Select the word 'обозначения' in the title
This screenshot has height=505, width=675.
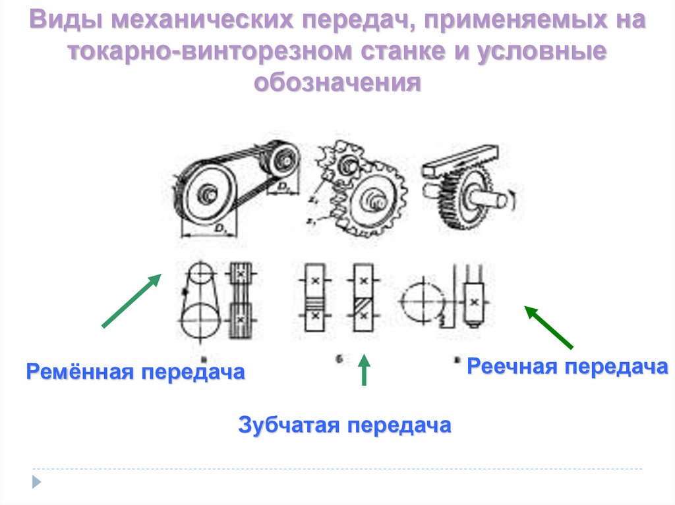click(x=337, y=82)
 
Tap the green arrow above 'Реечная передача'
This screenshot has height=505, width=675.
click(x=548, y=327)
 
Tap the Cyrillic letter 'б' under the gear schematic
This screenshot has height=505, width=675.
click(x=337, y=359)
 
